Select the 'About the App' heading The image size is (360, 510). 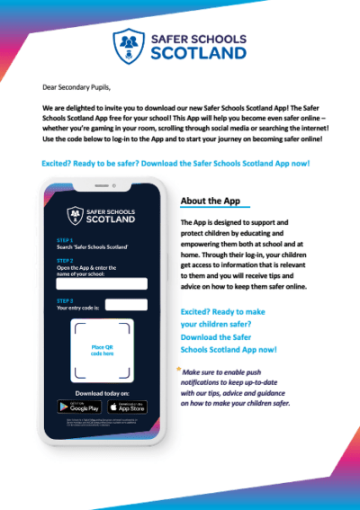[x=211, y=201]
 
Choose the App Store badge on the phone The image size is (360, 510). [x=127, y=407]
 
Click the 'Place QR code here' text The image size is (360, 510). [x=102, y=351]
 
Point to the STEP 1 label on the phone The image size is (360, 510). [x=65, y=240]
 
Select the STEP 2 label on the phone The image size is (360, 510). [x=65, y=260]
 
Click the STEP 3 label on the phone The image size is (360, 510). [x=65, y=300]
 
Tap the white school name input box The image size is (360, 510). [x=101, y=283]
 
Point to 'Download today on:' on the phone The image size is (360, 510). [x=101, y=393]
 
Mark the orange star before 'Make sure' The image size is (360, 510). [x=178, y=368]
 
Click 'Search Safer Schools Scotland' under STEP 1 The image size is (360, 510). [x=91, y=246]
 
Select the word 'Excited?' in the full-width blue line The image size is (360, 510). [x=57, y=164]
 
